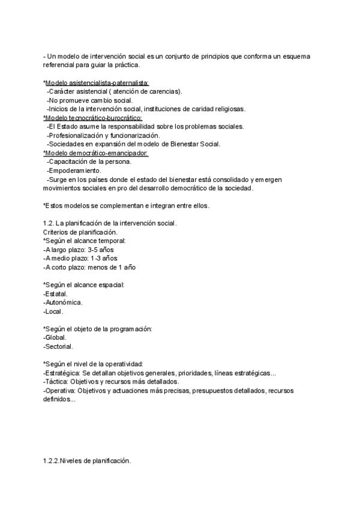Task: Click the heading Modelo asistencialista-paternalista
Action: [x=97, y=82]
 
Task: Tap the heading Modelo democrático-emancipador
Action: [x=97, y=153]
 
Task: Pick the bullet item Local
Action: [x=54, y=312]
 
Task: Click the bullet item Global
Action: [x=56, y=338]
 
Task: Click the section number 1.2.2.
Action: [x=53, y=462]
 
